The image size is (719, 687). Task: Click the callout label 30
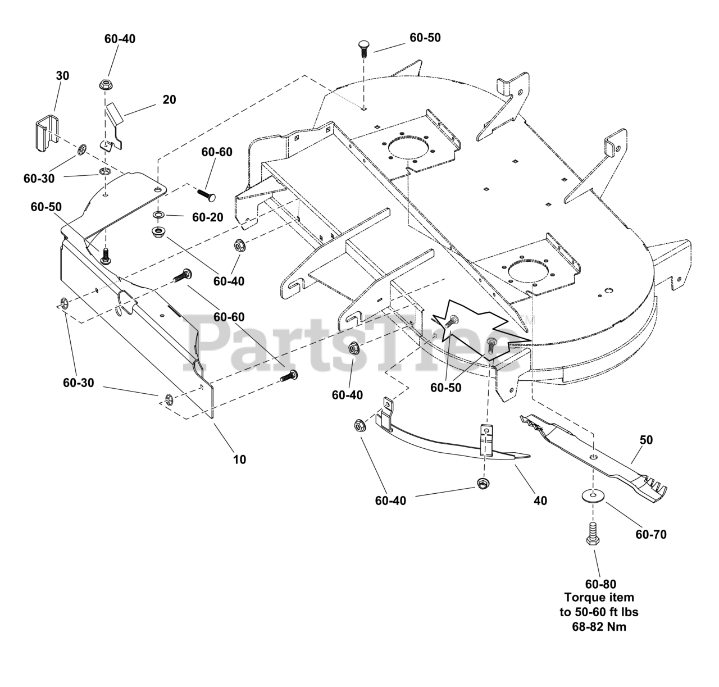62,75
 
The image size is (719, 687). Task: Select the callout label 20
169,99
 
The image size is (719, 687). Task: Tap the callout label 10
239,459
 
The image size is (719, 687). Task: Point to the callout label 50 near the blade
647,440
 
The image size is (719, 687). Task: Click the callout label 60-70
651,535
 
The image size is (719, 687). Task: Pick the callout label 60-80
600,585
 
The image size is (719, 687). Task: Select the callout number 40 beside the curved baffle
540,500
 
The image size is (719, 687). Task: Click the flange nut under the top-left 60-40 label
106,85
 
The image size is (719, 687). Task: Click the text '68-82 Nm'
600,626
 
